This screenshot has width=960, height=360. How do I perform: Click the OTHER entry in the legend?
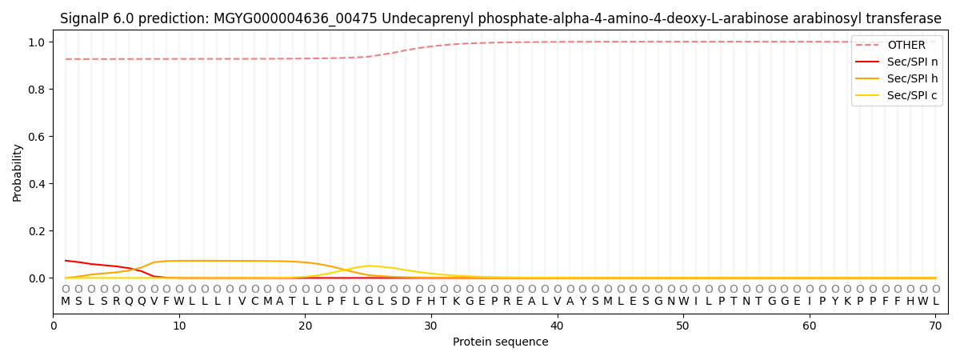[x=906, y=46]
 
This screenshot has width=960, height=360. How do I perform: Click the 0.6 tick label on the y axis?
[x=38, y=137]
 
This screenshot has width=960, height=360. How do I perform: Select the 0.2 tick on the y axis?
[x=38, y=231]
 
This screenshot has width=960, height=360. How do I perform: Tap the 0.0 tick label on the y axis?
[x=38, y=278]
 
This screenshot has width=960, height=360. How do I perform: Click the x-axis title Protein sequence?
[x=501, y=342]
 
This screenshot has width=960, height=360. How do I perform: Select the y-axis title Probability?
[x=18, y=173]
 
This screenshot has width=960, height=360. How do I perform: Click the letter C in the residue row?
[x=255, y=302]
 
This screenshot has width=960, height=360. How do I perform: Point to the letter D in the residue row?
[x=406, y=302]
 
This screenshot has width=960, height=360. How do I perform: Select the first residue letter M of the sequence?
[x=66, y=302]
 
